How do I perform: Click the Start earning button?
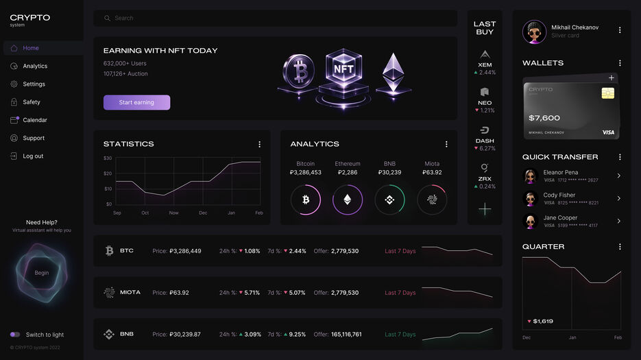pos(136,102)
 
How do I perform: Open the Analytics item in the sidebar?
pos(35,67)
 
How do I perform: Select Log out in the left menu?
pos(33,156)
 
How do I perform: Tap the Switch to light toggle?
pos(15,335)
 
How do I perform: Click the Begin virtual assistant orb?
pos(42,273)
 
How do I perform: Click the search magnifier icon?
pos(107,19)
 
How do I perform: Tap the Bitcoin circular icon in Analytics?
pos(305,200)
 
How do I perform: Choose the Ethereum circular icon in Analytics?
pos(348,200)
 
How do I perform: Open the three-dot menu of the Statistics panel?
pos(259,144)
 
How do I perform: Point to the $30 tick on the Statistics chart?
pos(108,158)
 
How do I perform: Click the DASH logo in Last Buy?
pos(485,130)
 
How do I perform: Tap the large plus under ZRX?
pos(485,209)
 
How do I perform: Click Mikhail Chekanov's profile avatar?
pos(535,32)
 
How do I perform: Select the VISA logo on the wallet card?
pos(608,132)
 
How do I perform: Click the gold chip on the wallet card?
pos(607,93)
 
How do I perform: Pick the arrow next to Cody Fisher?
pos(618,198)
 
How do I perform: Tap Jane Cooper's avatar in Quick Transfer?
pos(530,221)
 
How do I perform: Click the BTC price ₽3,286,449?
pos(185,251)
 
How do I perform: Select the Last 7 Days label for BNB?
pos(400,335)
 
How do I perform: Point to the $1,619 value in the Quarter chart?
pos(543,321)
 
